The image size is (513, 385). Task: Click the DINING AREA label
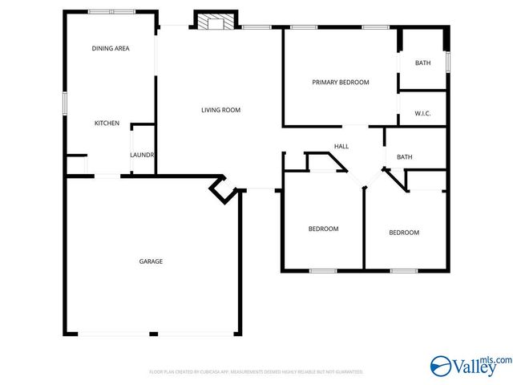[x=111, y=48]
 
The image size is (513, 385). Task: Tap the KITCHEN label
[x=107, y=123]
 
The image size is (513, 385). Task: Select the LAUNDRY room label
[x=142, y=155]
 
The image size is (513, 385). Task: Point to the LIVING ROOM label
[x=220, y=110]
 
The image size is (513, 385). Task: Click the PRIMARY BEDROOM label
[x=341, y=83]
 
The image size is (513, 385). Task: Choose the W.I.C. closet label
[x=422, y=113]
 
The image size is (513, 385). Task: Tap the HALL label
[x=341, y=146]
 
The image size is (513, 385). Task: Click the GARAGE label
[x=151, y=261]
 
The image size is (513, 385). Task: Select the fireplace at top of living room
[x=215, y=22]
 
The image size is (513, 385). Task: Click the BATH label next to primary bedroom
[x=422, y=63]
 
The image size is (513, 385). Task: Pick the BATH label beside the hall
[x=404, y=156]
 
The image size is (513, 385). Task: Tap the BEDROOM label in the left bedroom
[x=323, y=229]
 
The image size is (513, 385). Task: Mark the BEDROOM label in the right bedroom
[x=404, y=233]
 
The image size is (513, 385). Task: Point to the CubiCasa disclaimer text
[x=256, y=372]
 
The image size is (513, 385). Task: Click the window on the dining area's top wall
[x=111, y=12]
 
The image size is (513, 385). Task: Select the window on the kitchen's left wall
[x=65, y=103]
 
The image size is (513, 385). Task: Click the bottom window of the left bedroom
[x=323, y=270]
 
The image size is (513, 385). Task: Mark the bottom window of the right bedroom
[x=404, y=270]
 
